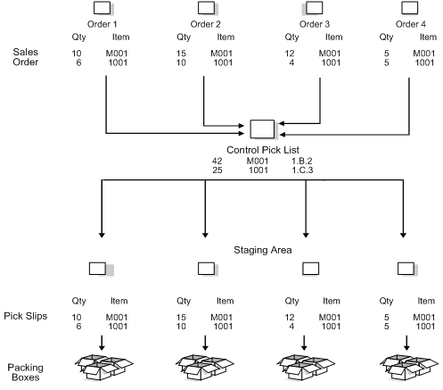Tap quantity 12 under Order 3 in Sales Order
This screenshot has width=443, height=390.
click(x=291, y=54)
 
